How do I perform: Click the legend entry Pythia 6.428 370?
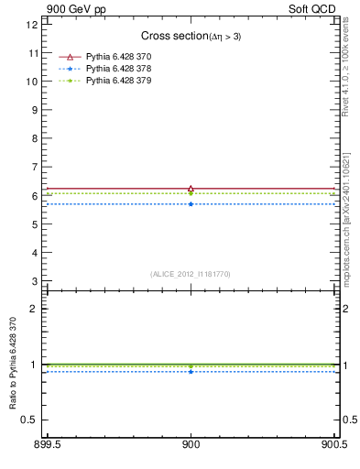[x=118, y=57]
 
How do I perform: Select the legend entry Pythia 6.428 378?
[x=118, y=69]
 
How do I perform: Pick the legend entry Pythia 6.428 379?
[x=118, y=81]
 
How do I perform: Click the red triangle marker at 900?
[x=191, y=188]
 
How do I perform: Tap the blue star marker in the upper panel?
[x=191, y=203]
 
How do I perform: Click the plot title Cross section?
[x=191, y=36]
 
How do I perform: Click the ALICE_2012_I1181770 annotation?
[x=191, y=274]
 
